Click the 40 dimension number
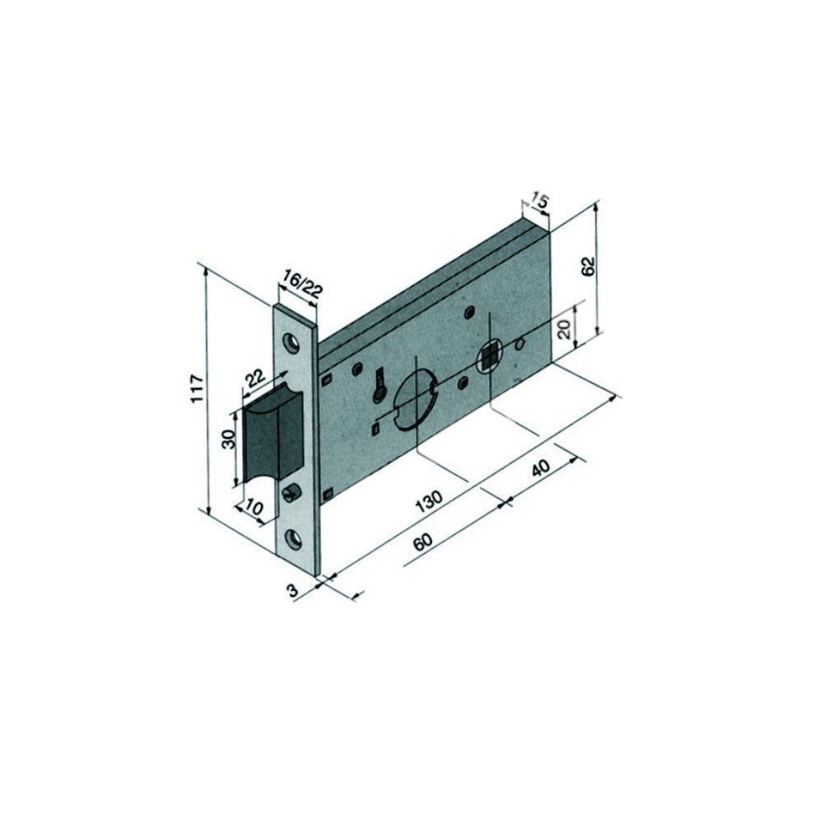(x=541, y=469)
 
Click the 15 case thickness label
(x=539, y=200)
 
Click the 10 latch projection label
(x=254, y=508)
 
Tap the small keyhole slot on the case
(x=379, y=385)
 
